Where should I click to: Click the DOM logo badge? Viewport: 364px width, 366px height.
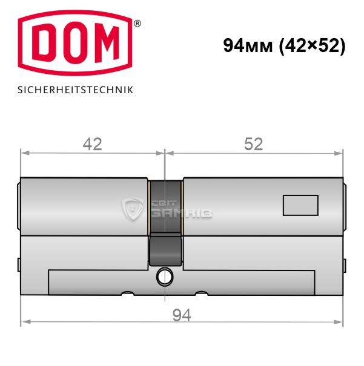(x=75, y=43)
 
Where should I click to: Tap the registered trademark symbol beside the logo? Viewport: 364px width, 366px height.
(x=137, y=24)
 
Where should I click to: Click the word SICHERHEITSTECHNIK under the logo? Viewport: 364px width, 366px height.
(x=75, y=90)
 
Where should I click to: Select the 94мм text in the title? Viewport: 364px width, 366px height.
(x=248, y=45)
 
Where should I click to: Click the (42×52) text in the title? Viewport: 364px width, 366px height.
(x=313, y=46)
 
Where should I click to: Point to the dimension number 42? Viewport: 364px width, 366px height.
(x=93, y=144)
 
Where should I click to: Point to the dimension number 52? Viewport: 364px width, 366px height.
(x=254, y=144)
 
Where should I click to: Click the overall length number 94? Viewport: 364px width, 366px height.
(x=182, y=315)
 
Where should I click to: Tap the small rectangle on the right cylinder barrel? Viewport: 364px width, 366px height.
(x=300, y=205)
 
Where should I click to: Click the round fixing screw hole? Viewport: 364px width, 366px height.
(x=165, y=277)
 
